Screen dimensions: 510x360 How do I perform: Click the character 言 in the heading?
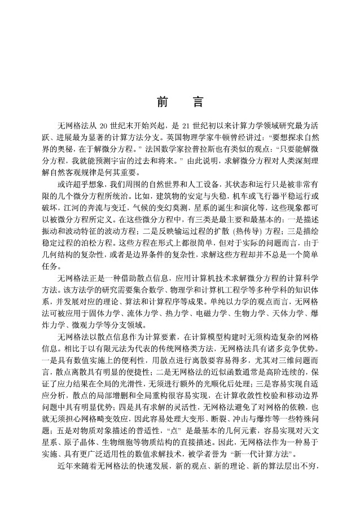pyautogui.click(x=197, y=102)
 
